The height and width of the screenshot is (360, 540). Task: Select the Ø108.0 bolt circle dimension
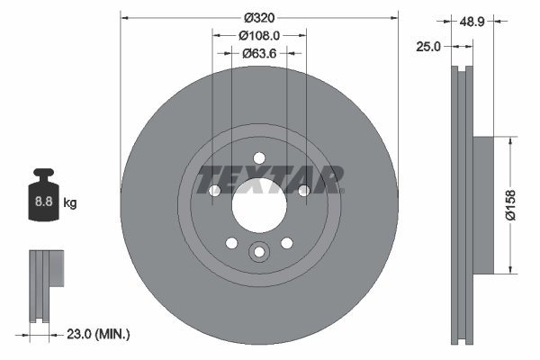pos(259,35)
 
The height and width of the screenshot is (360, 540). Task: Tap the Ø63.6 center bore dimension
pos(259,53)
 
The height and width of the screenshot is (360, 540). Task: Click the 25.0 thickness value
pos(427,46)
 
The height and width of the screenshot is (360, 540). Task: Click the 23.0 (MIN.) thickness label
pos(99,334)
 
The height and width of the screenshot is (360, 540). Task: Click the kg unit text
pos(70,203)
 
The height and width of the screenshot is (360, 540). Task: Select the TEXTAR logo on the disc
pos(271,179)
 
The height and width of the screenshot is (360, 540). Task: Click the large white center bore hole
pos(259,204)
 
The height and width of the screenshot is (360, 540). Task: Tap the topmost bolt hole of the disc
pos(259,157)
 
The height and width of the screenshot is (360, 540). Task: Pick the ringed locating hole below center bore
pos(259,253)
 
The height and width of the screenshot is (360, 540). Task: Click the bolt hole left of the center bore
pos(214,191)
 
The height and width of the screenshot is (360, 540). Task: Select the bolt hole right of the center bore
pos(304,191)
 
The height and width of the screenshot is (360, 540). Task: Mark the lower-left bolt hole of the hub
pos(231,243)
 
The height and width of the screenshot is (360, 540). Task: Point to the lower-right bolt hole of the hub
pos(287,243)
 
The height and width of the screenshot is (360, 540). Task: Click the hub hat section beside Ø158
pos(482,204)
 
